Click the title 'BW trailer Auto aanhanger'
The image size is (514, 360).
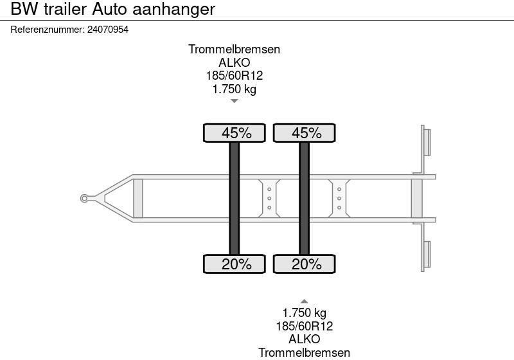108,10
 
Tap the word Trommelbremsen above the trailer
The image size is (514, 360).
234,50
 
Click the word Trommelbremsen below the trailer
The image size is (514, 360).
304,352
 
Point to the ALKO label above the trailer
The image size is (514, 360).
234,63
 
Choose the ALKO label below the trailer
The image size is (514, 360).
304,339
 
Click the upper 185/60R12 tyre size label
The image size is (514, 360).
234,76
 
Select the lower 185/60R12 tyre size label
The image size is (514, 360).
304,326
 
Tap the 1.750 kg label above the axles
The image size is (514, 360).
234,89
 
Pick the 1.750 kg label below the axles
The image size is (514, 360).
304,313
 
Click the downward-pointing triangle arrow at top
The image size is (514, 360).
234,101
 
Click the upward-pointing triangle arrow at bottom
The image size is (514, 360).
304,301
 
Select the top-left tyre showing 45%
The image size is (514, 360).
235,133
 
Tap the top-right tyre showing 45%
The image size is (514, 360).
305,133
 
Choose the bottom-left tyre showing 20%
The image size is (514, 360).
235,264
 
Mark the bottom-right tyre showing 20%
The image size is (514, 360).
305,264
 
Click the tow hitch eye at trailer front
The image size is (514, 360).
84,198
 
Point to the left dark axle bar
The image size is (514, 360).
235,198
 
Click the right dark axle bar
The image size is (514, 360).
305,198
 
